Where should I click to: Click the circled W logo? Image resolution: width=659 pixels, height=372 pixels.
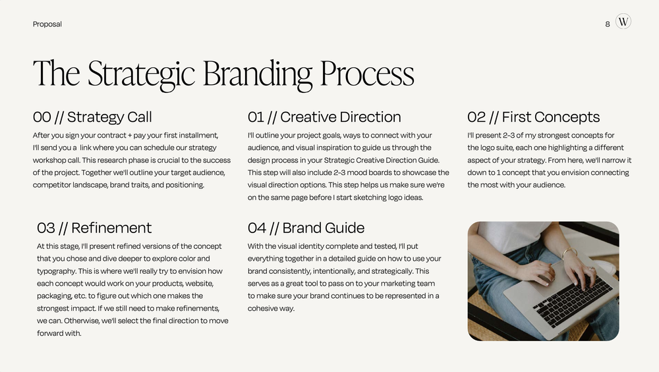point(623,22)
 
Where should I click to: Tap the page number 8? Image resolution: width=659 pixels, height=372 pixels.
point(608,24)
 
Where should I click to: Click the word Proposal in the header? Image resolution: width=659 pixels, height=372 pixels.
point(47,24)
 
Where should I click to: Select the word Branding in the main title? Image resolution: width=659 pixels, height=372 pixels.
point(258,74)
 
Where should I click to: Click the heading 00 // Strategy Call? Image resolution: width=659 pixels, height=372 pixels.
point(92,117)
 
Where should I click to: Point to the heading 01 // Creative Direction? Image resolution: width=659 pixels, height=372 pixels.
point(324,117)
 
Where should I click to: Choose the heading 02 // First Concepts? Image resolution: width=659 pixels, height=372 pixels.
point(533,117)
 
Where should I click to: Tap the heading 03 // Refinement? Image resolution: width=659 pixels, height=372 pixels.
point(94,228)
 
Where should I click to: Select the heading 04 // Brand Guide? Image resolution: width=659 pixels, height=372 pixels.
point(306,228)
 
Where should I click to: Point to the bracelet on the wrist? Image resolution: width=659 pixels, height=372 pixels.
point(568,252)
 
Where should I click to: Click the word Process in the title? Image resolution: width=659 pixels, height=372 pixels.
point(367,74)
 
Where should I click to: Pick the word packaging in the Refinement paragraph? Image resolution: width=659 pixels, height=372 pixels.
point(55,296)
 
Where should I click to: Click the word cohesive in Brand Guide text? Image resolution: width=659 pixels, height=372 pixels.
point(262,308)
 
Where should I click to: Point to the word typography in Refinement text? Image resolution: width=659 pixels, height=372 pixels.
point(55,271)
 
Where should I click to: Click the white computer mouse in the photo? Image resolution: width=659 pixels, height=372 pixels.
point(606,267)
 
